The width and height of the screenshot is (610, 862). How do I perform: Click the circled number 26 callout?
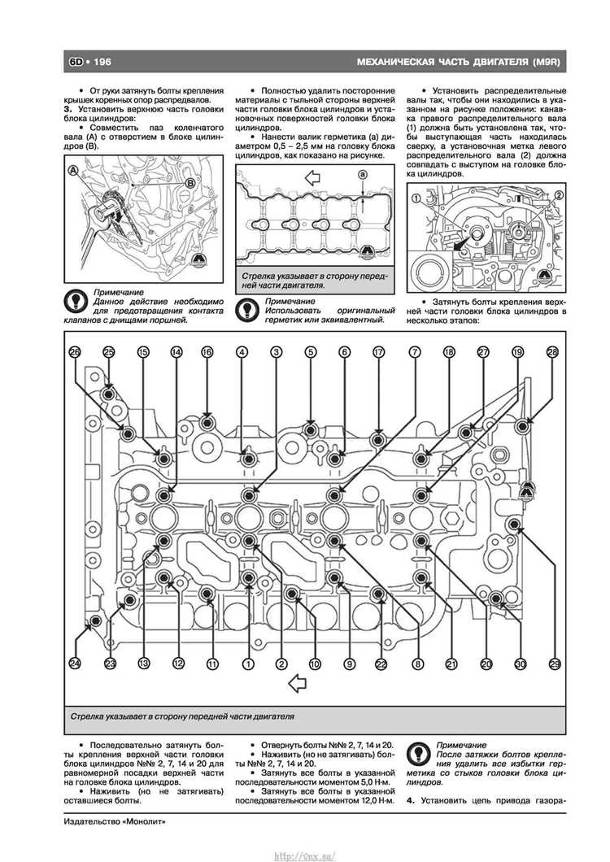click(74, 352)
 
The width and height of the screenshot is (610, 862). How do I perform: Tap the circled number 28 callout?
click(552, 352)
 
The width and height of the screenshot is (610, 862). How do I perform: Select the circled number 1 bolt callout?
click(249, 664)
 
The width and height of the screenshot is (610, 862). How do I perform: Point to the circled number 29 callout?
click(555, 664)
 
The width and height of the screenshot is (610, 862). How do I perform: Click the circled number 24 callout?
click(74, 664)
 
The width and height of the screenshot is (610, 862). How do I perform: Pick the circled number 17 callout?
click(378, 352)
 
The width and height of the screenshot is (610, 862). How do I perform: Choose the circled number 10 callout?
click(315, 664)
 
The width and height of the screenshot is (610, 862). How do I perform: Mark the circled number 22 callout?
click(381, 664)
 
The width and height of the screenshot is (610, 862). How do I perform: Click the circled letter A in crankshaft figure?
click(72, 171)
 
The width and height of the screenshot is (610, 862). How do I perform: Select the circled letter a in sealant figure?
click(362, 175)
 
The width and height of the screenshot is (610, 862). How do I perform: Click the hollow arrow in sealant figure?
click(313, 177)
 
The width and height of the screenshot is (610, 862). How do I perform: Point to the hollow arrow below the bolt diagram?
click(297, 683)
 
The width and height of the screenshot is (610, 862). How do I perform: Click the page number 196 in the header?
click(102, 62)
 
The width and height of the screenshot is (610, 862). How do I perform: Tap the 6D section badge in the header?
click(76, 62)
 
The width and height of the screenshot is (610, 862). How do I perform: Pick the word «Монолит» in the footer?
click(144, 822)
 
